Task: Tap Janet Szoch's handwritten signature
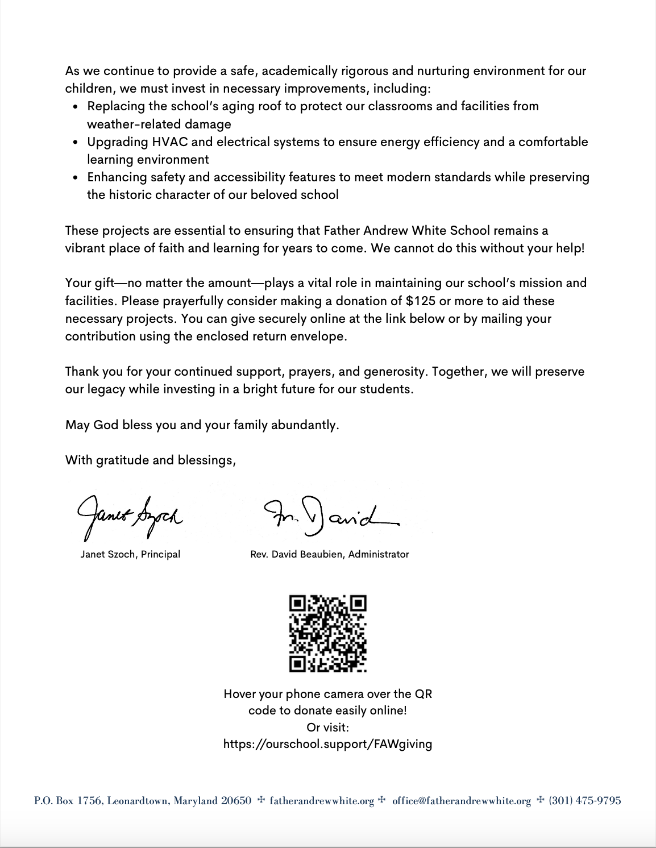tap(130, 516)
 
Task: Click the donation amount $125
tap(421, 301)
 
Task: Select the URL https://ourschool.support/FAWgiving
tap(327, 743)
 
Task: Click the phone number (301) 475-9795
tap(584, 801)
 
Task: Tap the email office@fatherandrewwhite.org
tap(461, 801)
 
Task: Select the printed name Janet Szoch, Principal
tap(130, 554)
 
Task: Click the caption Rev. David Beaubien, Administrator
tap(329, 554)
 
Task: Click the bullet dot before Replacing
tap(76, 106)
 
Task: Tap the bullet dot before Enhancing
tap(76, 177)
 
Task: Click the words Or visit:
tap(327, 727)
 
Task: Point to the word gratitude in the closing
tap(123, 460)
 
